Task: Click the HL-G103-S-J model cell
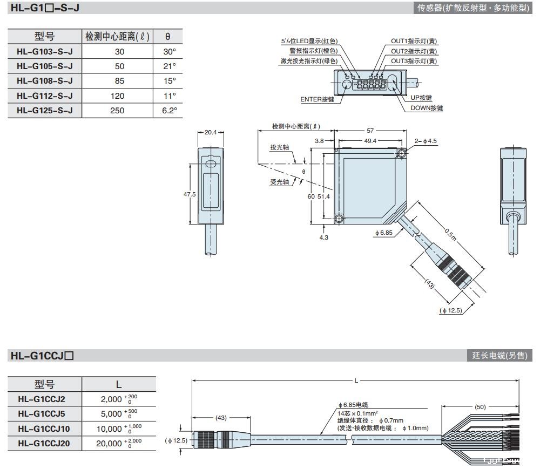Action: pyautogui.click(x=44, y=51)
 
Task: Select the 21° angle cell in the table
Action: pyautogui.click(x=169, y=66)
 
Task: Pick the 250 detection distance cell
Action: pyautogui.click(x=119, y=110)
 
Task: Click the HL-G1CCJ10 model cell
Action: pyautogui.click(x=44, y=429)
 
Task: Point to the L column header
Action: pyautogui.click(x=119, y=384)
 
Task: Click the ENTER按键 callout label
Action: pyautogui.click(x=317, y=99)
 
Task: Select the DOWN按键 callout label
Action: pyautogui.click(x=427, y=108)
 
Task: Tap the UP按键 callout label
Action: pyautogui.click(x=421, y=98)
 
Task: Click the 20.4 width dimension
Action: pyautogui.click(x=211, y=132)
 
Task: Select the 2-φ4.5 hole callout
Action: pyautogui.click(x=426, y=141)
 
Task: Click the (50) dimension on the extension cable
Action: pyautogui.click(x=480, y=407)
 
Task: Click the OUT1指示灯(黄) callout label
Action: pyautogui.click(x=414, y=41)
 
